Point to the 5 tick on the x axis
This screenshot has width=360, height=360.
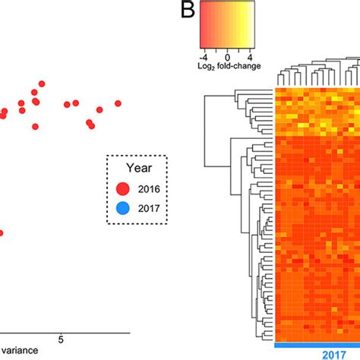click(62, 339)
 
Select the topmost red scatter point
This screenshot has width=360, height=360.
click(42, 84)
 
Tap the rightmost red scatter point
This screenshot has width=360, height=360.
click(118, 103)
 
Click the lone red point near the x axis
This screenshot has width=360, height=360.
click(2, 234)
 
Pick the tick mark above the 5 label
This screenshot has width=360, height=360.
click(62, 331)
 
